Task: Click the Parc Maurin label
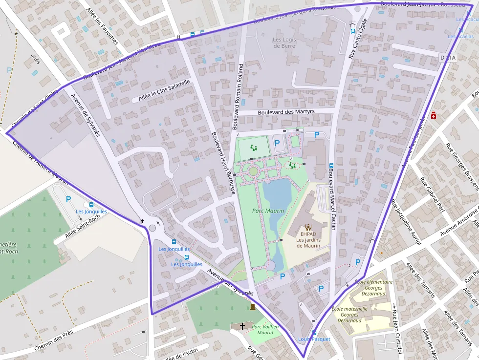pyautogui.click(x=268, y=211)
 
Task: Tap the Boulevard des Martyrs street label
pyautogui.click(x=286, y=112)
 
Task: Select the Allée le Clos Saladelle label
pyautogui.click(x=164, y=91)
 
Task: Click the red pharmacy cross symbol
pyautogui.click(x=433, y=115)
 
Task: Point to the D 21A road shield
pyautogui.click(x=448, y=58)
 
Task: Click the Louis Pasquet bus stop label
pyautogui.click(x=314, y=339)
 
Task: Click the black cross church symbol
pyautogui.click(x=242, y=325)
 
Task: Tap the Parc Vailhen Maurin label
pyautogui.click(x=265, y=330)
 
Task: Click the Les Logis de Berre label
pyautogui.click(x=284, y=42)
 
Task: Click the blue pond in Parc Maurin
pyautogui.click(x=277, y=195)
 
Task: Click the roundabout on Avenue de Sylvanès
pyautogui.click(x=152, y=228)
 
